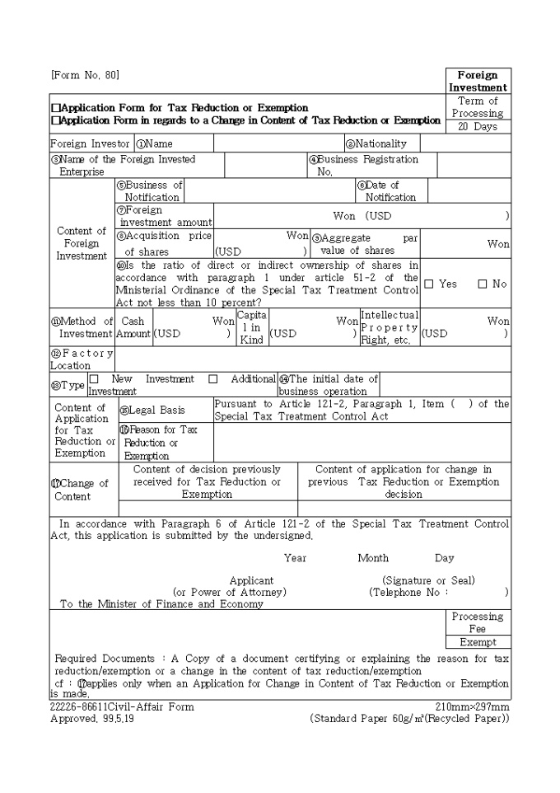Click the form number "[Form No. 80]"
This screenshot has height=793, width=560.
click(85, 75)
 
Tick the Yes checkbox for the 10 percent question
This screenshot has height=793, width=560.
click(429, 284)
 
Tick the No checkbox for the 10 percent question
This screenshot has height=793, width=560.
click(483, 284)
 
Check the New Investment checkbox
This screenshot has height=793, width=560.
click(93, 379)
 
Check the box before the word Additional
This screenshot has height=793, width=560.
click(212, 379)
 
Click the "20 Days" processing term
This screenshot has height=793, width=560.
click(478, 127)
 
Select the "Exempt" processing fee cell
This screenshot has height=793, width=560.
click(478, 642)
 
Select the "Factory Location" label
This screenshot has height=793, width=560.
click(81, 359)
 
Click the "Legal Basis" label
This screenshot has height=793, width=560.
click(157, 411)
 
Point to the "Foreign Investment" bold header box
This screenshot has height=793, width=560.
click(478, 82)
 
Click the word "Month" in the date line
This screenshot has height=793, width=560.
click(373, 558)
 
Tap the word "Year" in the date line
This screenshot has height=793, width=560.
click(295, 558)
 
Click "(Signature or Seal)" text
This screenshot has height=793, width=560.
click(428, 580)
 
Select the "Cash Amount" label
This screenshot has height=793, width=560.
click(133, 327)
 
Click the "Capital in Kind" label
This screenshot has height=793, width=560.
click(251, 327)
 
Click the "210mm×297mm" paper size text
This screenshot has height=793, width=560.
click(473, 707)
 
